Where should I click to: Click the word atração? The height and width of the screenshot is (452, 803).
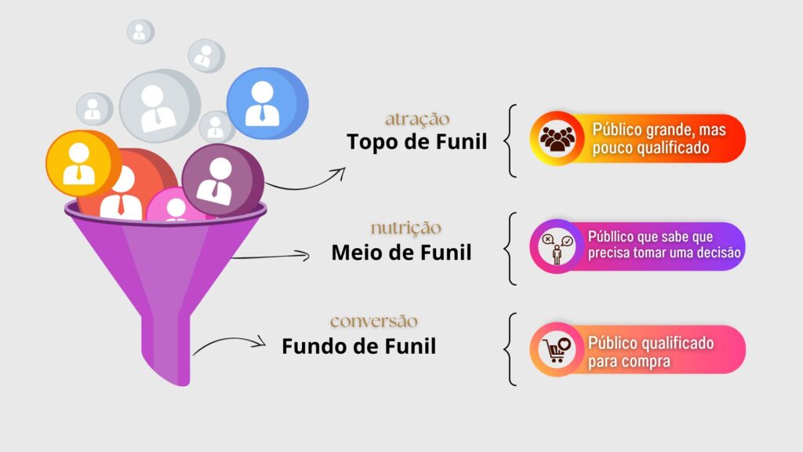click(417, 119)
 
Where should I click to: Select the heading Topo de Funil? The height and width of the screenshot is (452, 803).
click(417, 141)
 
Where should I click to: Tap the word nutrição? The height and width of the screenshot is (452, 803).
click(405, 228)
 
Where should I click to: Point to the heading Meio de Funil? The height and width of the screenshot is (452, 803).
click(401, 252)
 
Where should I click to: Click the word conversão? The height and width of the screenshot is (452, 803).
click(374, 321)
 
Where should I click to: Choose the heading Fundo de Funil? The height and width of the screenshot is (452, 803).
click(359, 346)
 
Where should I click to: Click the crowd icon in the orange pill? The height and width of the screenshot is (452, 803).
click(558, 138)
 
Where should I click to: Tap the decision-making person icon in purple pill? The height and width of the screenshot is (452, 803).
click(558, 248)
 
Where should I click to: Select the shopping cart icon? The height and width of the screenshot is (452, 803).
click(558, 350)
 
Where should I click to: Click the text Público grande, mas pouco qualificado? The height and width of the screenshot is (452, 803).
click(659, 138)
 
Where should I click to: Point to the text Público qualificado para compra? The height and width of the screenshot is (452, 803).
click(651, 352)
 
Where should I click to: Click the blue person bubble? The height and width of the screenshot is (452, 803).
click(267, 104)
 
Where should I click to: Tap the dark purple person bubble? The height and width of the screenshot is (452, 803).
click(223, 180)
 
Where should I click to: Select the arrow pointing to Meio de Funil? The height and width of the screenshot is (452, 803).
click(271, 256)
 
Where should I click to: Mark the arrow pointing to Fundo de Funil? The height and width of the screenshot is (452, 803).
click(230, 342)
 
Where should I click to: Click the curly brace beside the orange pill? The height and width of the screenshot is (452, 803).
click(510, 141)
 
